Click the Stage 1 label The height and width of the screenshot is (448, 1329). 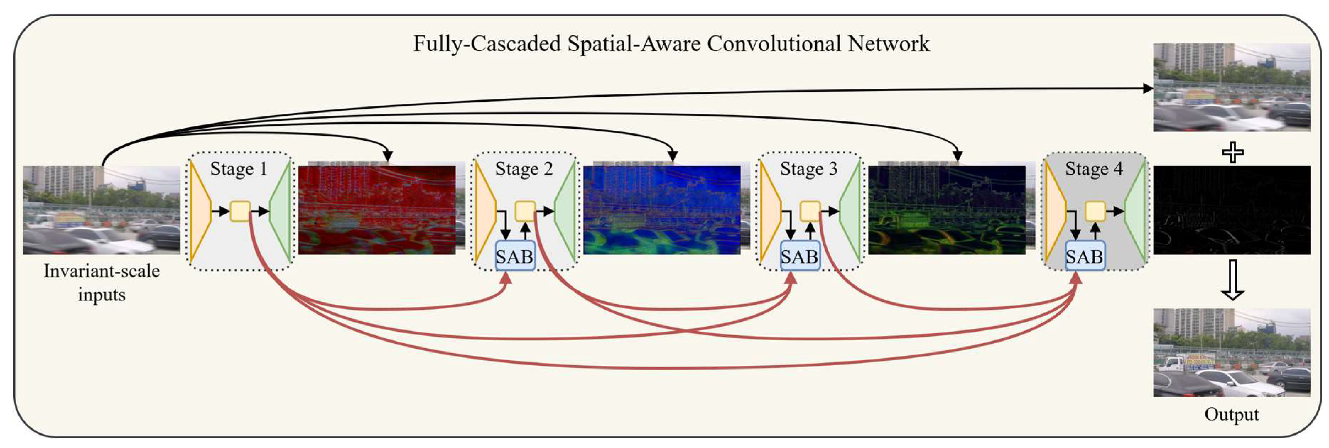[238, 169]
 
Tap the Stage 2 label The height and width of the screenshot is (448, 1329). [524, 169]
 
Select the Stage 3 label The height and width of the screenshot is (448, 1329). [808, 169]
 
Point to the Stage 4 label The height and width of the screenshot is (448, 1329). [1094, 169]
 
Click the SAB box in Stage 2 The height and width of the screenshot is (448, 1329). [514, 256]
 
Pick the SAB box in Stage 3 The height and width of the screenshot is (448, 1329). [799, 256]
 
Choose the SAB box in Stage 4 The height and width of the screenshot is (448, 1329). [1084, 256]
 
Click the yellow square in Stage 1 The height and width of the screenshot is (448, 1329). [240, 211]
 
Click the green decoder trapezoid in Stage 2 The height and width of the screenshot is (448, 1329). [566, 211]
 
